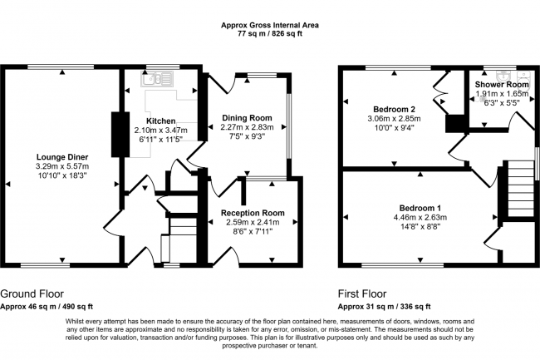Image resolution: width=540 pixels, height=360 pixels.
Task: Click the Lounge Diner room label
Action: [62, 157]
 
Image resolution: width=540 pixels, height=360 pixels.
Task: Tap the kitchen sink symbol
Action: [157, 79]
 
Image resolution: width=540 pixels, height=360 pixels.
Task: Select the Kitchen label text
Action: [161, 121]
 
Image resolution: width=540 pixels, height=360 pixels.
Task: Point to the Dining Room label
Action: [247, 118]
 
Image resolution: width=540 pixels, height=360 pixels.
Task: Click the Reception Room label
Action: [253, 213]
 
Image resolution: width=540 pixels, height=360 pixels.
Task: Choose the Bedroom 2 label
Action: [395, 110]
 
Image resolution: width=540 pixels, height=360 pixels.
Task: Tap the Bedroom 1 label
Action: [420, 208]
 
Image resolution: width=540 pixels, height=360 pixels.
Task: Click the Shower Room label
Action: [502, 85]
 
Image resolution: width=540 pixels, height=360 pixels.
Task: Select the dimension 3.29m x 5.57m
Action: [62, 166]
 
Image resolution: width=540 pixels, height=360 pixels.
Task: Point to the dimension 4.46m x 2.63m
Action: [420, 217]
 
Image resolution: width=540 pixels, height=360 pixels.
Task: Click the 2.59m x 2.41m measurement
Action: [253, 222]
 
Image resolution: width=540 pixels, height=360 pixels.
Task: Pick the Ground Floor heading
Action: [32, 293]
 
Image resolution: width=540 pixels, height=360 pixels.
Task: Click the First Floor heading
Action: [362, 293]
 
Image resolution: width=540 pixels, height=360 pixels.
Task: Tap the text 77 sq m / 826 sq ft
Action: [270, 34]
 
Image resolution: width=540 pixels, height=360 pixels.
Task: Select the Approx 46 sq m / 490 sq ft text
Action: [47, 306]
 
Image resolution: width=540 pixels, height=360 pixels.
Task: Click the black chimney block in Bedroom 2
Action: [455, 124]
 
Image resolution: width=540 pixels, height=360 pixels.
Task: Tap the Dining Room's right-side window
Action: [289, 126]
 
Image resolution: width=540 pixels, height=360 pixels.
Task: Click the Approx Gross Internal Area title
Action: [270, 25]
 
